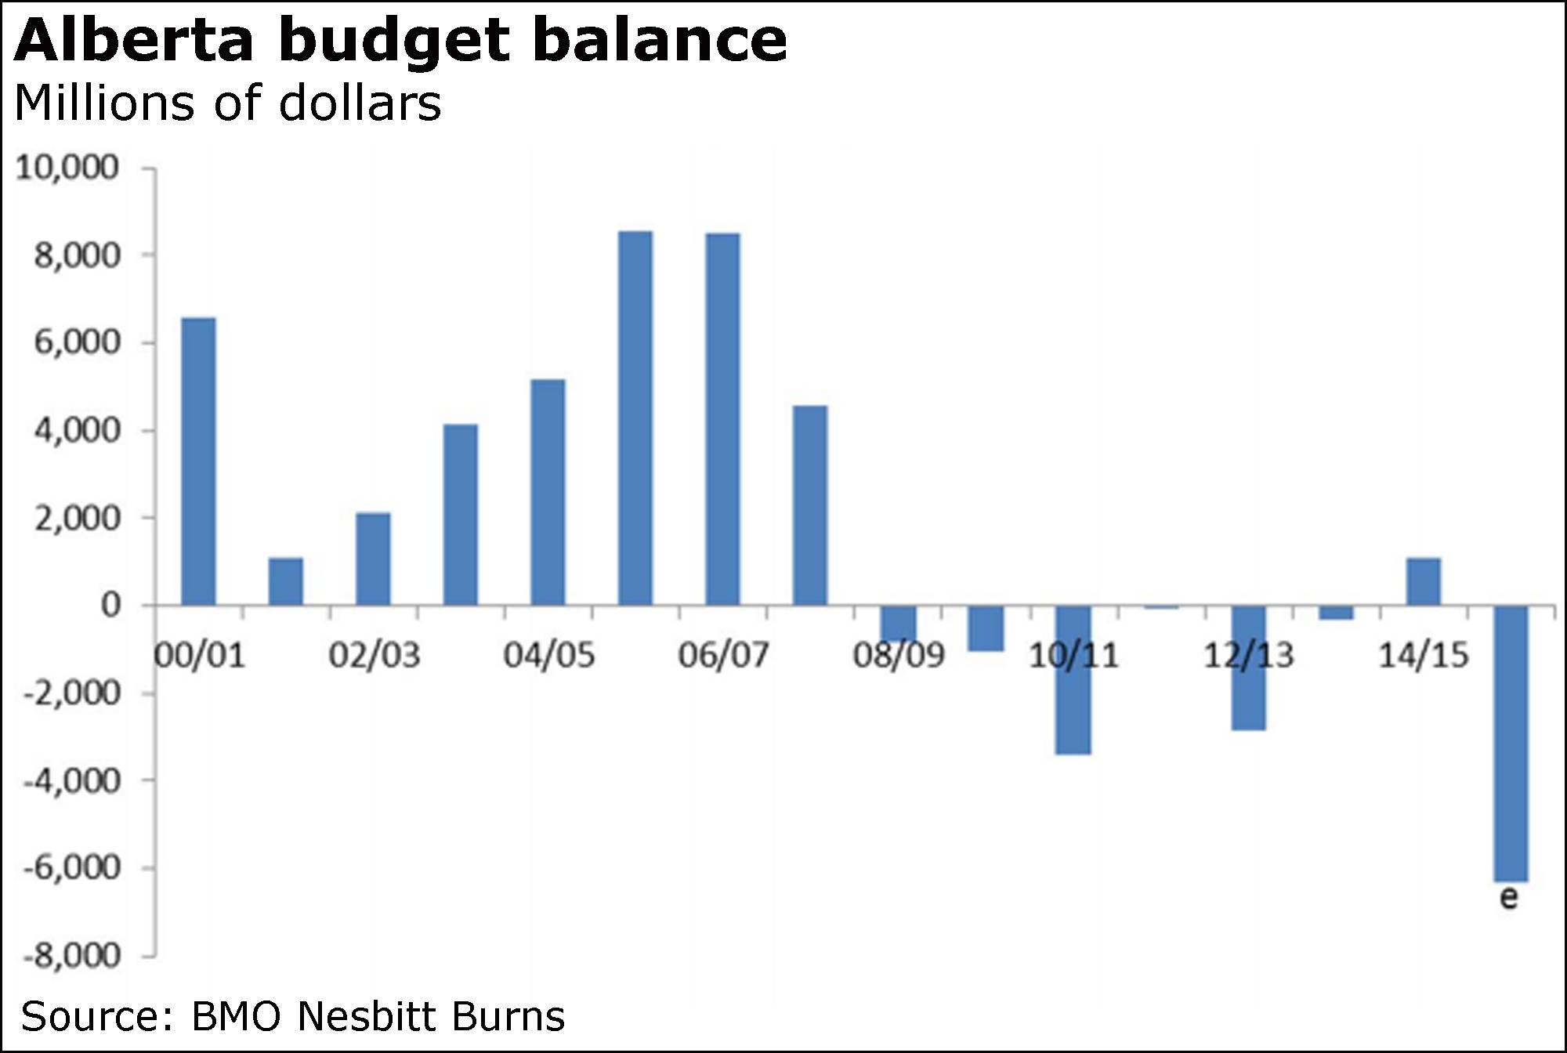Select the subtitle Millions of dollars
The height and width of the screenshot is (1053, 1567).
(x=227, y=103)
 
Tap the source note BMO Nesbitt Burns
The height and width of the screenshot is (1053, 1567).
(x=292, y=1016)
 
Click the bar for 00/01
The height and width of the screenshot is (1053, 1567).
(x=198, y=461)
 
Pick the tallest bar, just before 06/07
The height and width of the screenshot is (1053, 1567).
(x=635, y=418)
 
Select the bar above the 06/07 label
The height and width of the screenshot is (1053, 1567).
(x=722, y=419)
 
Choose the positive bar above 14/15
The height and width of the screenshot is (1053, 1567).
(x=1423, y=581)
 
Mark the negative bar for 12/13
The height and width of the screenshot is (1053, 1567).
(x=1248, y=668)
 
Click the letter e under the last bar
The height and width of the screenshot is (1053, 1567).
(x=1508, y=897)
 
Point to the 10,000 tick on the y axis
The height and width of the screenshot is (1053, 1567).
(x=67, y=168)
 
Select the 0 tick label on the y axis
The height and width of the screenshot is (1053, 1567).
(x=110, y=606)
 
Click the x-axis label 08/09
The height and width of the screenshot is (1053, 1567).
(x=899, y=655)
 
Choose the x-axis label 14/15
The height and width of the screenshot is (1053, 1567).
(x=1423, y=655)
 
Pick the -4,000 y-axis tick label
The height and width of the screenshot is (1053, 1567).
(x=71, y=781)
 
